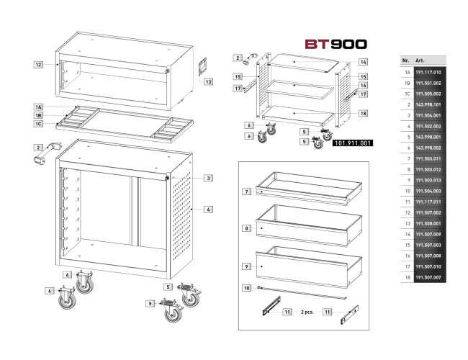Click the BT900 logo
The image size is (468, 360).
coord(336,44)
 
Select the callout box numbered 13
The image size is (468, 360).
coord(208,81)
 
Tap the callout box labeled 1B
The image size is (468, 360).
coord(38,115)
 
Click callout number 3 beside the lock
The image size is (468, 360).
coord(208,178)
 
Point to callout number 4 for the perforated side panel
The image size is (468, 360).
coord(208,210)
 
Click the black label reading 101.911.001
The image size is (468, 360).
coord(353,143)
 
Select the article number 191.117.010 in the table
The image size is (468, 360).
coord(428,72)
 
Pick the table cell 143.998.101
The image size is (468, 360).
coord(428,105)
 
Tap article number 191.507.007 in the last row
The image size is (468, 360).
coord(428,277)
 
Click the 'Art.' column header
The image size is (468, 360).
coord(420,60)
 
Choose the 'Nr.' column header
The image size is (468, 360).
coord(405,60)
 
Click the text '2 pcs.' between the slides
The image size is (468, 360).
coord(307,312)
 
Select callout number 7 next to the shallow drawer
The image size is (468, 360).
coord(246,192)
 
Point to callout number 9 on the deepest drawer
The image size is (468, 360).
coord(246,266)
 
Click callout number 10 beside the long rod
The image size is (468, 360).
coord(246,288)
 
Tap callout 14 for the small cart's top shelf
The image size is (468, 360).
coord(363,62)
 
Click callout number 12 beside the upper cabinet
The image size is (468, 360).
coord(38,65)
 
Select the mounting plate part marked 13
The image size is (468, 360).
coord(202,68)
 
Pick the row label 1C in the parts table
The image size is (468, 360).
coord(408,94)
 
